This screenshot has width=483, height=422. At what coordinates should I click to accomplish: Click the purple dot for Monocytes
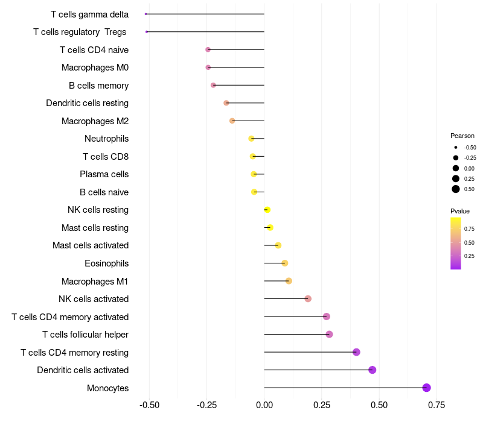426,388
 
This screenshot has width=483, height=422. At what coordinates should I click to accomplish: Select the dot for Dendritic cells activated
372,370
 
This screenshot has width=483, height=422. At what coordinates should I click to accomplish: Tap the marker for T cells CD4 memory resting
356,352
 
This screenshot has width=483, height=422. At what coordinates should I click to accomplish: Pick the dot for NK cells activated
308,298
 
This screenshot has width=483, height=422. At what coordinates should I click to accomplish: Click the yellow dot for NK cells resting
267,210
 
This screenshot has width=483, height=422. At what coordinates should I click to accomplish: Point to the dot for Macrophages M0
208,68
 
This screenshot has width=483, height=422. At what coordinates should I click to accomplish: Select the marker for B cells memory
213,85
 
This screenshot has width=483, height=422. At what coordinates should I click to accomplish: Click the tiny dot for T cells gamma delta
146,14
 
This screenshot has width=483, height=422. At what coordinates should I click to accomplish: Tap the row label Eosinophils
106,263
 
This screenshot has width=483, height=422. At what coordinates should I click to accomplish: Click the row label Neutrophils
106,139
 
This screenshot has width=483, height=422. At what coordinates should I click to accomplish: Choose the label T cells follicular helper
85,335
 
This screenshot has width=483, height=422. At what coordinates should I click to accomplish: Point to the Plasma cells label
104,174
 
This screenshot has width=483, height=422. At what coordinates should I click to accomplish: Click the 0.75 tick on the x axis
437,405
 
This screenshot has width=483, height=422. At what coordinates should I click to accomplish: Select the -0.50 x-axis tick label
149,405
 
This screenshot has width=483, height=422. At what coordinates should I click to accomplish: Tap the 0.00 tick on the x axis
264,405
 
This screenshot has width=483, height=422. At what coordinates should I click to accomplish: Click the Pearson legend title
462,136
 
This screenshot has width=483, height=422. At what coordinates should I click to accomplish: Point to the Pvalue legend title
460,211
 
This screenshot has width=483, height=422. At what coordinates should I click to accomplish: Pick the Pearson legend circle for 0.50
456,189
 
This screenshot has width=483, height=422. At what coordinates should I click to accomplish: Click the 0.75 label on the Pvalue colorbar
469,229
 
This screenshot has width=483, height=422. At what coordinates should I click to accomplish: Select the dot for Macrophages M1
289,281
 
